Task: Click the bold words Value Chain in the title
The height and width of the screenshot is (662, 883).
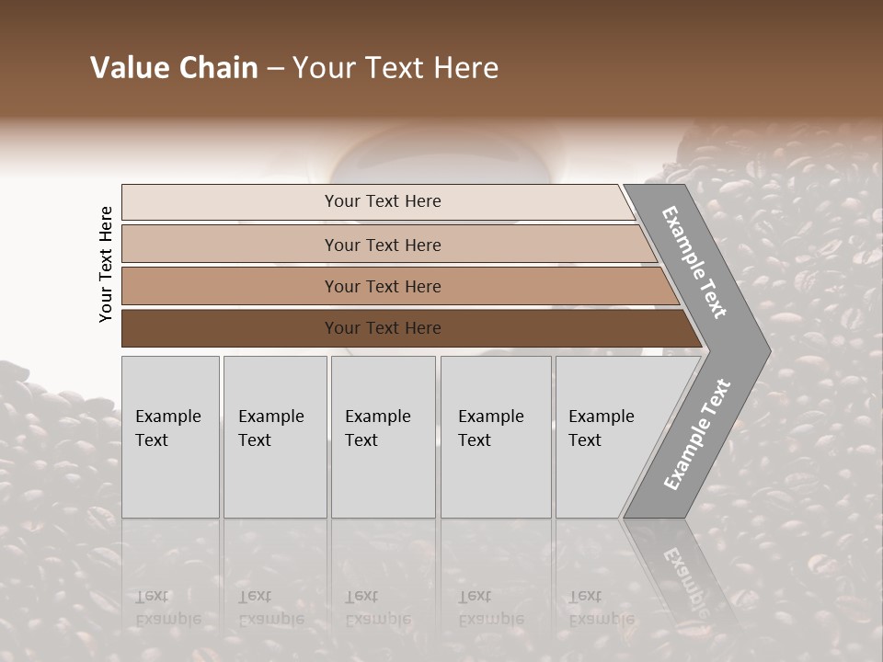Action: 174,68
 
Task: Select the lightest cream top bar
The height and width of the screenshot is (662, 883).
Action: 230,202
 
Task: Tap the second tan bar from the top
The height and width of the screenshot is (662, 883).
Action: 230,245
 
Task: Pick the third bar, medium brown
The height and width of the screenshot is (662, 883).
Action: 230,286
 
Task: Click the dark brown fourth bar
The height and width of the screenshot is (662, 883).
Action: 230,328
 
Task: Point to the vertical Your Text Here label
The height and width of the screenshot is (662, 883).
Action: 106,264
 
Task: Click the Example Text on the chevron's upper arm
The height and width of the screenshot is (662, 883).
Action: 695,262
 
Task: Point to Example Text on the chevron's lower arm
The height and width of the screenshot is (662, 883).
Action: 696,435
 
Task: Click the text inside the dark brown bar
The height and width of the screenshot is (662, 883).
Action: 383,328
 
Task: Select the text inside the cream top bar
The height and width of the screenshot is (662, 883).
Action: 383,201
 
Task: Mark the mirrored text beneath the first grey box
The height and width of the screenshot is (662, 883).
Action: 168,608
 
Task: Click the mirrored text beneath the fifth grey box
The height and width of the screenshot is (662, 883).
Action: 602,608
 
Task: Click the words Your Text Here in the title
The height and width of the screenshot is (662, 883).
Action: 396,68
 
